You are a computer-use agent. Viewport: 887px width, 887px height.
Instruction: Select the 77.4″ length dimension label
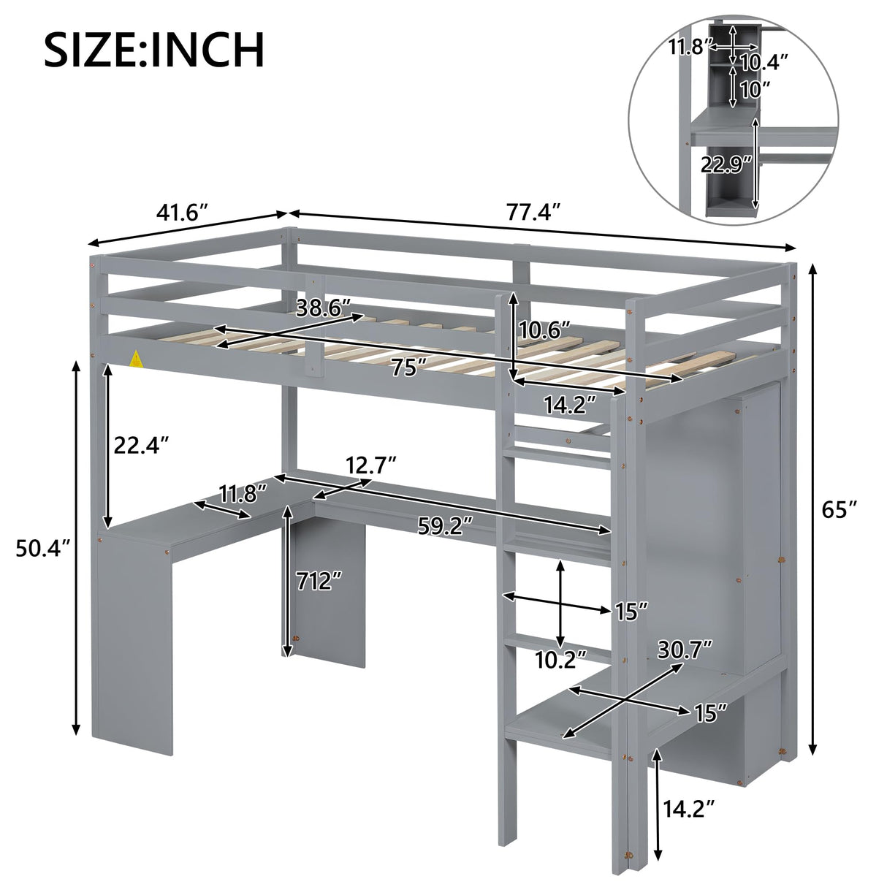pos(533,213)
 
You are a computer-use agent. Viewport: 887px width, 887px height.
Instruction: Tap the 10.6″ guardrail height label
pos(545,330)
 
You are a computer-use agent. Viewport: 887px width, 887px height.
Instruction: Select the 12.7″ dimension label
pos(371,464)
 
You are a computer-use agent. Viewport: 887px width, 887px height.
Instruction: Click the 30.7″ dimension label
pos(685,649)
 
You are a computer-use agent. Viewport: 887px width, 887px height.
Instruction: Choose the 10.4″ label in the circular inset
pos(765,62)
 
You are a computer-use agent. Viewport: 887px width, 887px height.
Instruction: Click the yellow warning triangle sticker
pos(136,359)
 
